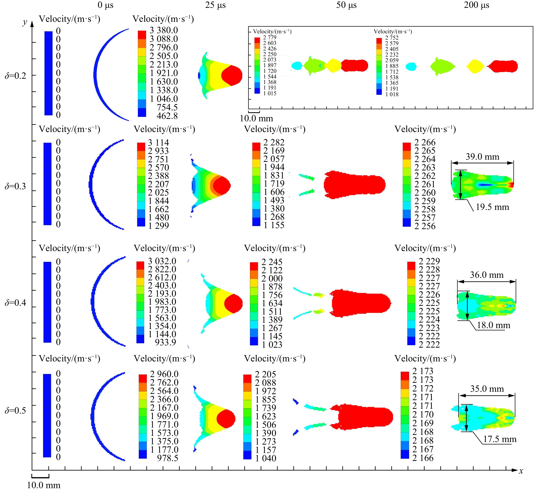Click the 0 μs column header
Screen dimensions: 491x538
pyautogui.click(x=105, y=5)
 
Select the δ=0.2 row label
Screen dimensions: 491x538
pyautogui.click(x=16, y=76)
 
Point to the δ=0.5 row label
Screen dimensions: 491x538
pyautogui.click(x=16, y=410)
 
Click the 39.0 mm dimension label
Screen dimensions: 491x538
pyautogui.click(x=482, y=157)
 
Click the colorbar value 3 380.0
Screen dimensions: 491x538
pyautogui.click(x=163, y=30)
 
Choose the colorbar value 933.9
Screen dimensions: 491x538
pyautogui.click(x=165, y=342)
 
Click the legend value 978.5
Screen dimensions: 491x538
pyautogui.click(x=168, y=458)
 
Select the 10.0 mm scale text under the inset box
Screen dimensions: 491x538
pyautogui.click(x=256, y=118)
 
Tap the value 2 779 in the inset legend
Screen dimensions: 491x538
pyautogui.click(x=270, y=37)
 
